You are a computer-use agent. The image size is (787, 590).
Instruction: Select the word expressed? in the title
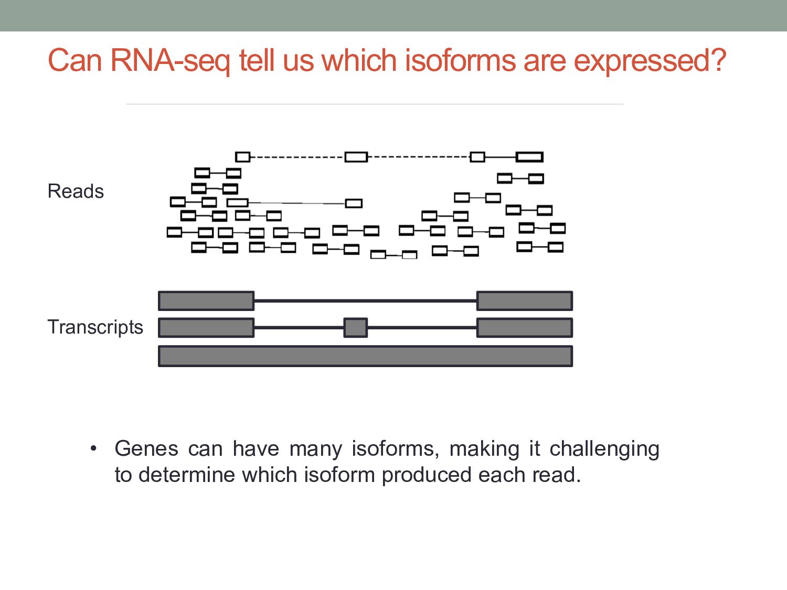click(650, 61)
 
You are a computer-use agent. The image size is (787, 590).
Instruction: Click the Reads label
click(76, 191)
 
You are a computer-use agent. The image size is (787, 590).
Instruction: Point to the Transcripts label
click(95, 327)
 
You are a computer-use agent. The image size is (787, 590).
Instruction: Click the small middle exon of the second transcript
click(355, 327)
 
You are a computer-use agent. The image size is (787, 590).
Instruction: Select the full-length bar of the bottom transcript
click(365, 356)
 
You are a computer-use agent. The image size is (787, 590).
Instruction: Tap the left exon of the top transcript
click(206, 301)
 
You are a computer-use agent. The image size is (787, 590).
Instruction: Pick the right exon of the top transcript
click(524, 301)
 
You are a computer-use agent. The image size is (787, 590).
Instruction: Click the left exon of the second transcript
click(206, 327)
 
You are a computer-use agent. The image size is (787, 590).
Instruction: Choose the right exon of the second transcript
click(524, 327)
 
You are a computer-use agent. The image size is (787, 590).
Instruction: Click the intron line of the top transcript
click(365, 301)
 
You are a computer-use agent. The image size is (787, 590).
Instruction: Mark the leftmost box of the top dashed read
click(242, 156)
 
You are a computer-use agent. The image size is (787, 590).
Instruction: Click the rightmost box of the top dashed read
click(529, 157)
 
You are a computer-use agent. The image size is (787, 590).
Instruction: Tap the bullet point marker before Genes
click(93, 448)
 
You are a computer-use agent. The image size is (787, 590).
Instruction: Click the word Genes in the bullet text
click(146, 449)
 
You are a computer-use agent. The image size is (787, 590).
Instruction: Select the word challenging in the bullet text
click(604, 449)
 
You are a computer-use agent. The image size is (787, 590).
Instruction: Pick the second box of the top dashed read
click(356, 156)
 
